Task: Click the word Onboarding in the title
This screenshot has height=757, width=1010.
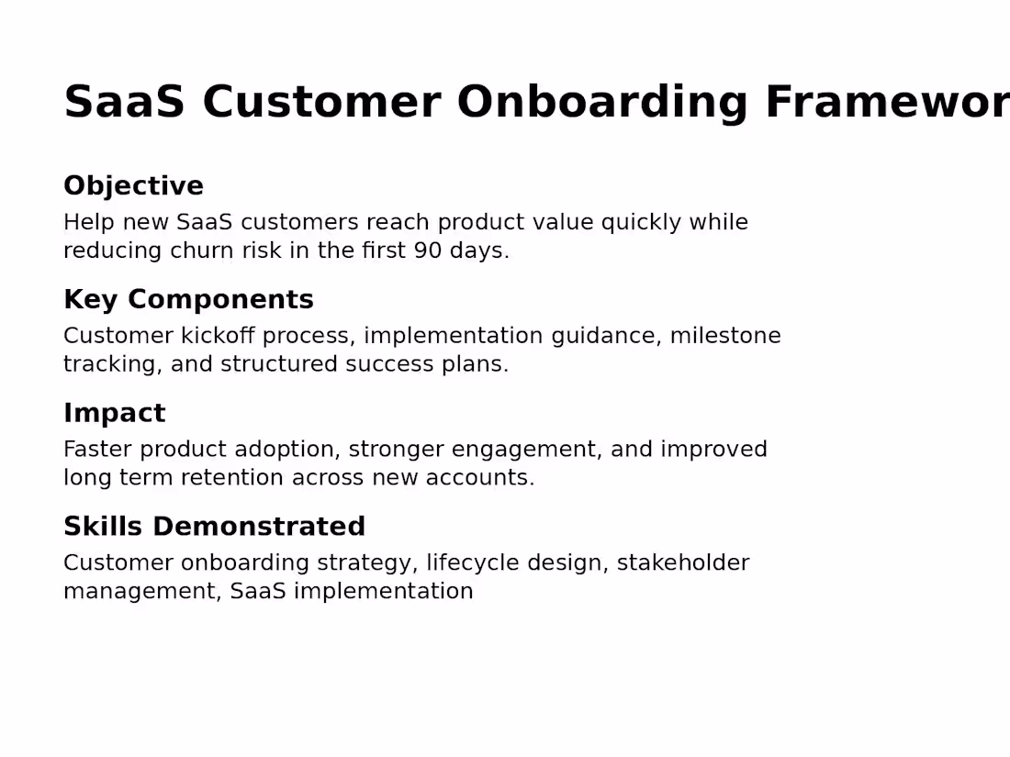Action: click(x=602, y=102)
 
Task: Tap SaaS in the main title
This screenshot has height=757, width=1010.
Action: click(x=124, y=102)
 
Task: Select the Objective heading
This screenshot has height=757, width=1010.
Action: click(x=133, y=186)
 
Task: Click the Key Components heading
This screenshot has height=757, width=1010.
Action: click(x=188, y=300)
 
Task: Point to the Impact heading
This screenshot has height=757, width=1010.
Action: click(x=114, y=413)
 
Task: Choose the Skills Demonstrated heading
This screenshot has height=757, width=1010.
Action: click(x=214, y=527)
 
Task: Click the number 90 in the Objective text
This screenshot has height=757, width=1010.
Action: click(x=428, y=251)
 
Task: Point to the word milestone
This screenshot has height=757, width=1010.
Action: click(x=725, y=336)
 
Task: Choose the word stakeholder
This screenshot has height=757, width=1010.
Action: click(x=682, y=563)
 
